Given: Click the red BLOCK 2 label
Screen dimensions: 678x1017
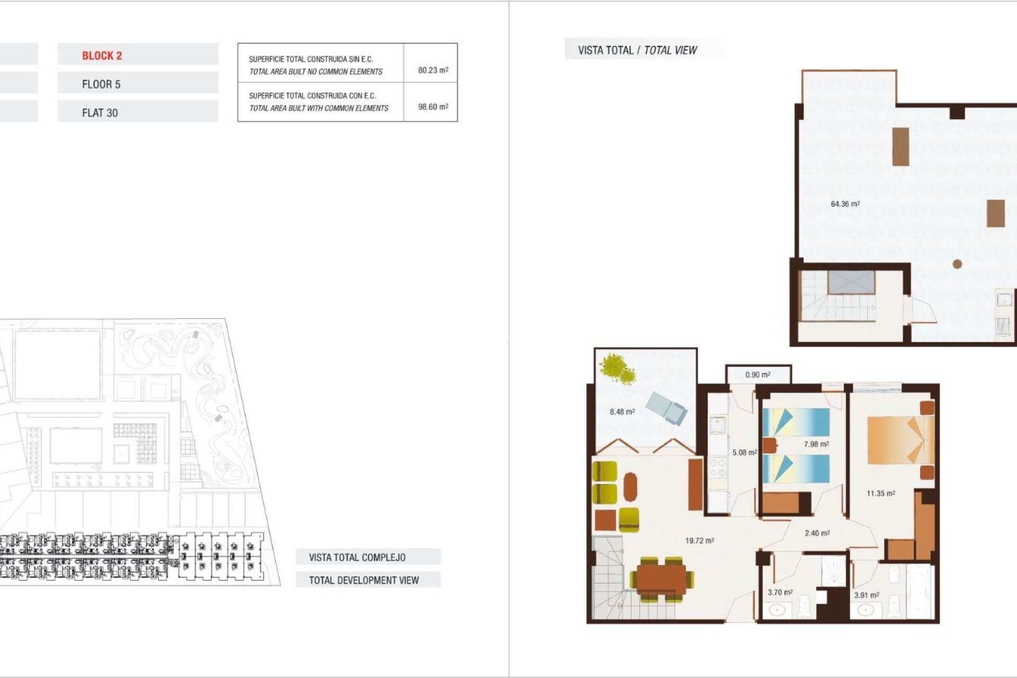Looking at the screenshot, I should point(102,56).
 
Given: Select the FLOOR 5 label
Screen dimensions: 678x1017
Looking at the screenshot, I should point(101,84).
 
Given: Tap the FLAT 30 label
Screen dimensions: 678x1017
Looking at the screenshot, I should point(100,113).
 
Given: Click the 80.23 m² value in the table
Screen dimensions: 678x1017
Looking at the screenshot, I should point(433,70).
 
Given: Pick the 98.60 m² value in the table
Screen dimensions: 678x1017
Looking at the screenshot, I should point(433,106).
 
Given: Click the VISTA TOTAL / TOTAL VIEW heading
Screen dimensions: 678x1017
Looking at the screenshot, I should point(637,50).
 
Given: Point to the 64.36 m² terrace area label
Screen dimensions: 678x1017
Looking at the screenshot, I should point(845,204).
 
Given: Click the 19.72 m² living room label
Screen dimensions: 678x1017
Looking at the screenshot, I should point(699,541).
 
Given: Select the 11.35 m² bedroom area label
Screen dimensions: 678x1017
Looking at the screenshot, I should point(880,493).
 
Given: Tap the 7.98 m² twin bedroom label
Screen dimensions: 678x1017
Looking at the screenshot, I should point(816,444).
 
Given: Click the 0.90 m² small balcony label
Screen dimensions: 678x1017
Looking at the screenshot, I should point(757,374).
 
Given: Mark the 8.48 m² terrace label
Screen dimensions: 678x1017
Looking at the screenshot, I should point(622,412).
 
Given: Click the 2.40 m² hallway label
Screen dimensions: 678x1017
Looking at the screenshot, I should point(817,533).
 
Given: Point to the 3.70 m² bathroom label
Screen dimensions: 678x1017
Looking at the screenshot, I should point(780,592).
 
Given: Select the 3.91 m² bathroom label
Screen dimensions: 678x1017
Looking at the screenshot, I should point(866,595).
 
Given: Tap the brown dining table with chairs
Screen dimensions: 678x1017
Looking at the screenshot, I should point(661,578).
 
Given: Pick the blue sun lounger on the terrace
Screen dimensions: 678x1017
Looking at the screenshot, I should point(667,407).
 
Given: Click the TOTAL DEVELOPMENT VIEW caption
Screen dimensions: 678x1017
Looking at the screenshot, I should point(363,580).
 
